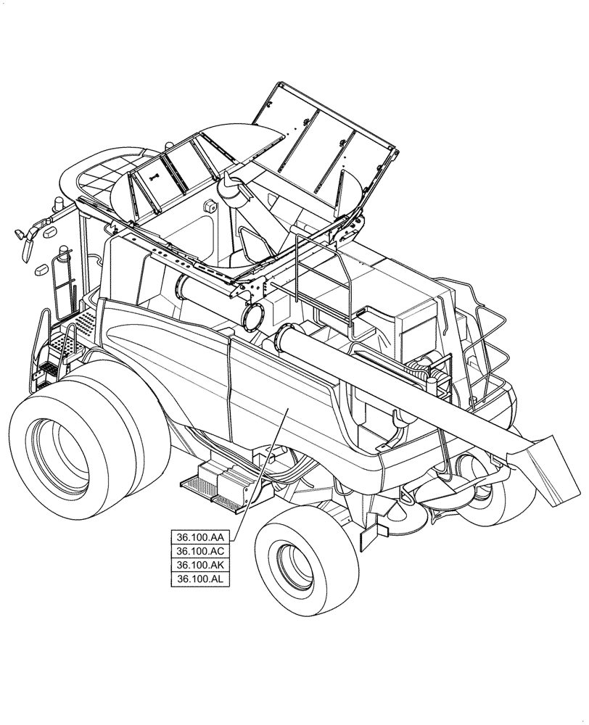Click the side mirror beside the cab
pyautogui.click(x=28, y=244)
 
